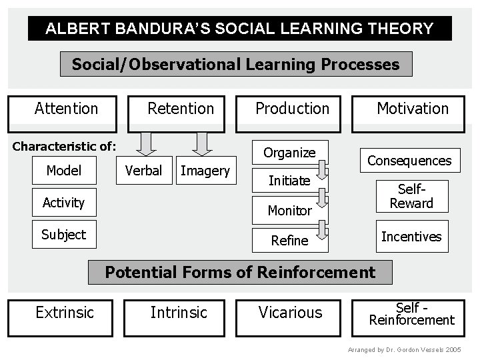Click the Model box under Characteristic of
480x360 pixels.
click(64, 171)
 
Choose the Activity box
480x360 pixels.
click(64, 203)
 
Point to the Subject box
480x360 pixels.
click(64, 235)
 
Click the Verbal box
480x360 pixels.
click(143, 171)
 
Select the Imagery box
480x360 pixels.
click(205, 171)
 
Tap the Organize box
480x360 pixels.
click(289, 153)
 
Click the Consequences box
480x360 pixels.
click(409, 161)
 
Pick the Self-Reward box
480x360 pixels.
click(411, 197)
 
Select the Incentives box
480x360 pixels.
click(411, 237)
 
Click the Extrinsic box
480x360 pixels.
click(64, 313)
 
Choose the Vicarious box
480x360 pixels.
click(290, 313)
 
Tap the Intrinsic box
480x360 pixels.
click(179, 313)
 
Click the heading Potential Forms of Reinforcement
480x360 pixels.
click(240, 272)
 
